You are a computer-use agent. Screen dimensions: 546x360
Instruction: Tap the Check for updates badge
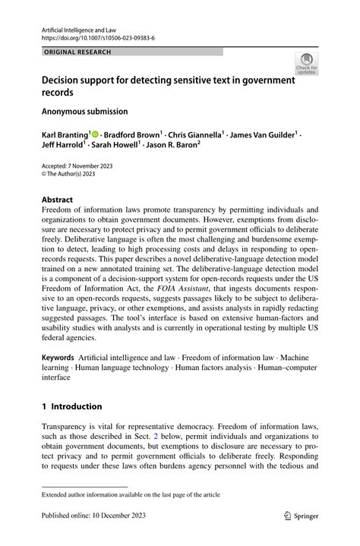(x=306, y=64)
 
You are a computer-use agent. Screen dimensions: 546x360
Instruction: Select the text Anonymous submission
(x=84, y=111)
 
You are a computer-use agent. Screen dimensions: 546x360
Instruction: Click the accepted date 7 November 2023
(x=94, y=166)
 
